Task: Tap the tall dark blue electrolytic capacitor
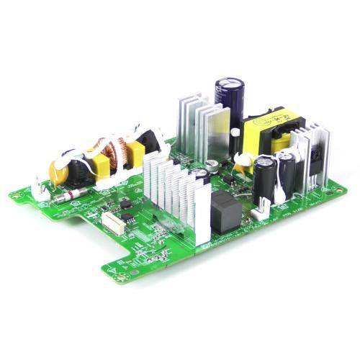point(230,100)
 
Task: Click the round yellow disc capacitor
point(58,173)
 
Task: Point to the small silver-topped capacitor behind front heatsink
point(212,165)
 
